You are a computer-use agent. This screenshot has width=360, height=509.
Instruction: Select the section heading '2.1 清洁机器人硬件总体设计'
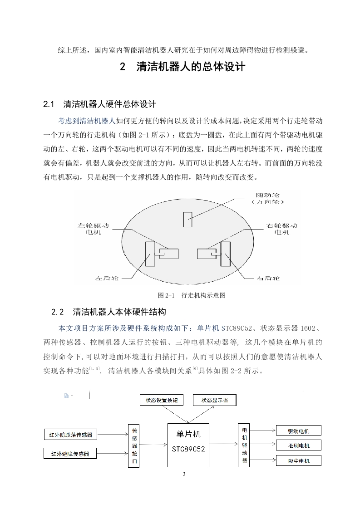pos(99,104)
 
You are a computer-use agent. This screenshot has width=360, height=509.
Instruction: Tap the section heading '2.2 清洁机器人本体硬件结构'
pos(109,312)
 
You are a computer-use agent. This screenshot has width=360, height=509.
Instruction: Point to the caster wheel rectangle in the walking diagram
pos(187,219)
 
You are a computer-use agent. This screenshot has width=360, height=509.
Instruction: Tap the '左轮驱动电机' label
pos(94,229)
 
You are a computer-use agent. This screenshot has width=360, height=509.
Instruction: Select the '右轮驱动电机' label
pos(282,229)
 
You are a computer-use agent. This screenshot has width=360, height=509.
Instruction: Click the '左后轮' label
pos(107,277)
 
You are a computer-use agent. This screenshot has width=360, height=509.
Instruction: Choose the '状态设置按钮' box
pos(164,400)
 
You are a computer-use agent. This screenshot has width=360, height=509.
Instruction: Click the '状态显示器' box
pos(214,400)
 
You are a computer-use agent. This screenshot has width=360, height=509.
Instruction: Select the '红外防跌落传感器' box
pos(71,435)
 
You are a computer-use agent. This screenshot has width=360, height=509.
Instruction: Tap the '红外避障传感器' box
pos(70,453)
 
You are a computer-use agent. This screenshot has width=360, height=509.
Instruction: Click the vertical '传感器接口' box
pos(134,445)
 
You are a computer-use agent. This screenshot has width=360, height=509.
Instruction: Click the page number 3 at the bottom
pos(184,475)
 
